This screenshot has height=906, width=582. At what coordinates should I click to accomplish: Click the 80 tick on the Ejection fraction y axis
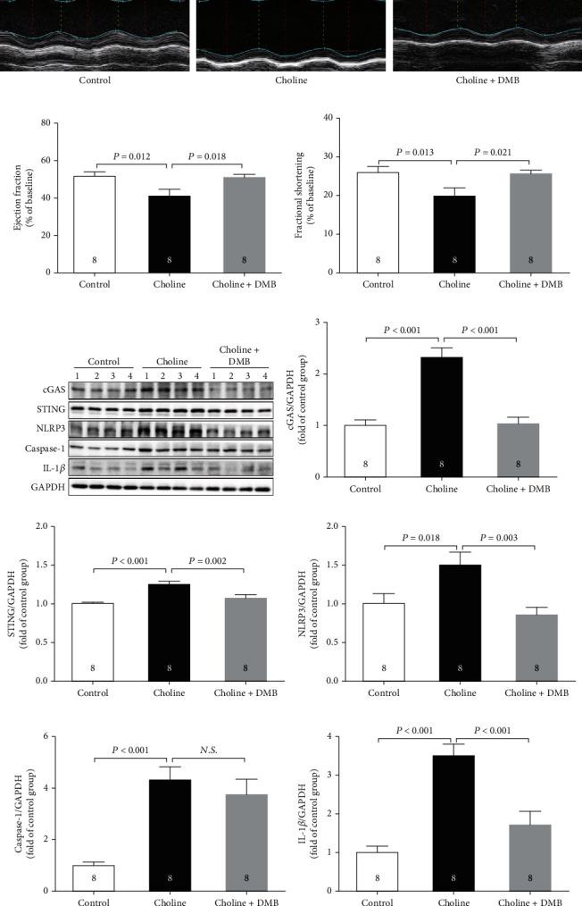(x=42, y=122)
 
